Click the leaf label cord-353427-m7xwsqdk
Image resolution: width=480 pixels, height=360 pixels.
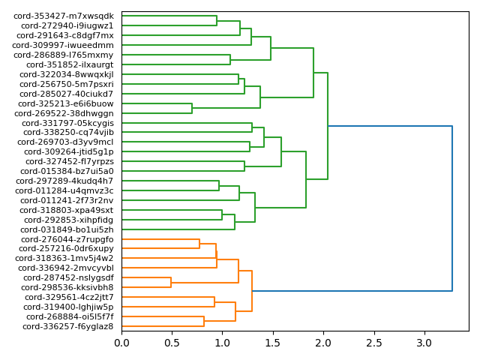click(x=64, y=16)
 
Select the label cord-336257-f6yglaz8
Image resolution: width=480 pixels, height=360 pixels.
click(x=68, y=326)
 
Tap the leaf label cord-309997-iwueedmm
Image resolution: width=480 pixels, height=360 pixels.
click(x=63, y=45)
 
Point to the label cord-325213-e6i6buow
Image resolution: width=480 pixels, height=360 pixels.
click(x=66, y=103)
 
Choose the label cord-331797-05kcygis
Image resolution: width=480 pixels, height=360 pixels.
click(x=67, y=123)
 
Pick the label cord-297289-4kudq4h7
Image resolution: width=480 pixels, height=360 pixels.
click(x=64, y=181)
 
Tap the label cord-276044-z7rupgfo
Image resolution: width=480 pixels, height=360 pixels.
click(x=67, y=239)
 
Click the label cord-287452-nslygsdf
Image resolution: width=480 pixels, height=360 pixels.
click(x=67, y=277)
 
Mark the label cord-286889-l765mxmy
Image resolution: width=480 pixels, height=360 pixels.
click(x=64, y=55)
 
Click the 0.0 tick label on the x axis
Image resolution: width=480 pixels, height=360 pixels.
click(x=121, y=343)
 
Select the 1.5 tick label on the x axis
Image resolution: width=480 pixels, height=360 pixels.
click(x=273, y=343)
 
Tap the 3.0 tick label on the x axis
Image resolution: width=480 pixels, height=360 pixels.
click(x=424, y=343)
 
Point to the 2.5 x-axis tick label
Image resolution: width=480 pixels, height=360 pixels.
click(x=374, y=343)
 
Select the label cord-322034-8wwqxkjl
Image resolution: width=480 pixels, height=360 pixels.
click(x=66, y=74)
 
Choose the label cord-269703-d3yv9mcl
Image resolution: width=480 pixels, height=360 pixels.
click(x=65, y=142)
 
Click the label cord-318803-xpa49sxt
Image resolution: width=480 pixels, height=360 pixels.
click(x=67, y=210)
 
